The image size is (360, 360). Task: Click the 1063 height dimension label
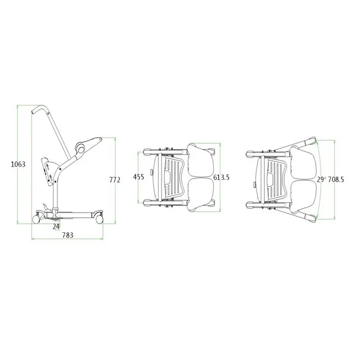tap(19, 164)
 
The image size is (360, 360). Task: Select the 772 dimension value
tap(115, 180)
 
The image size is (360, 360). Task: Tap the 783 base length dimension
tap(67, 235)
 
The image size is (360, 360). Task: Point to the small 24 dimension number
tap(56, 227)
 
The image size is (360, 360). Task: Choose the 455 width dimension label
tap(139, 177)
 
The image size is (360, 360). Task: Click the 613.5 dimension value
tap(221, 178)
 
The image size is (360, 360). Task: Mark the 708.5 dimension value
tap(336, 179)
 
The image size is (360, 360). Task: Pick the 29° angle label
tap(321, 179)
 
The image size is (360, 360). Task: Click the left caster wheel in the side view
tap(36, 219)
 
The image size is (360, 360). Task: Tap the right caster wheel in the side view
tap(100, 219)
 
